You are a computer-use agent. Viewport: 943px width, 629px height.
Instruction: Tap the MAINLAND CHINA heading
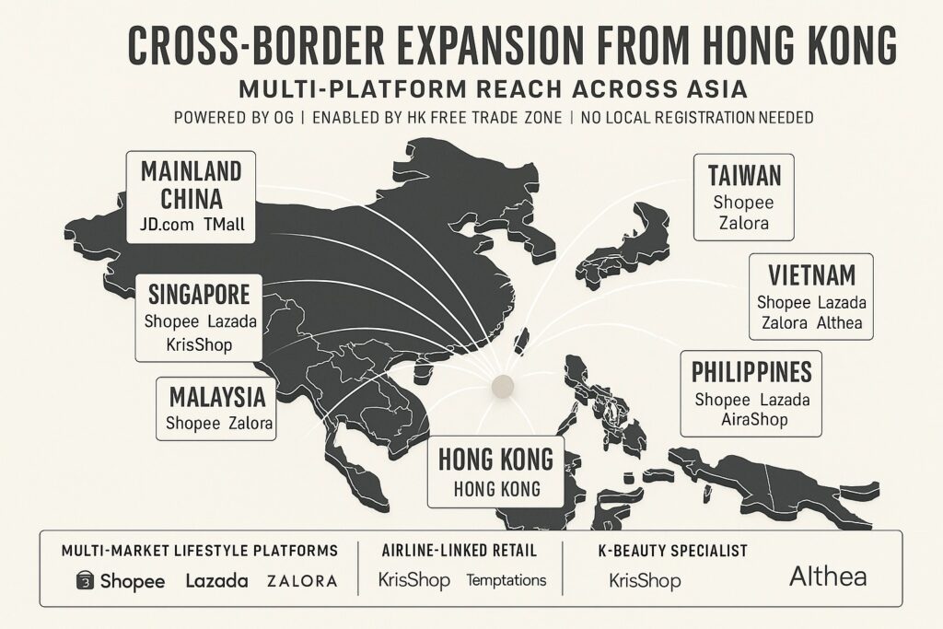pos(192,184)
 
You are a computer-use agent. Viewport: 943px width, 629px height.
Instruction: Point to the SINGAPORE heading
pos(197,296)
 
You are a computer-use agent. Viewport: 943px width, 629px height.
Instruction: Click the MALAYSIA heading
pos(217,398)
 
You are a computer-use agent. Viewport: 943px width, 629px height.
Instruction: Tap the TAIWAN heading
pos(744,176)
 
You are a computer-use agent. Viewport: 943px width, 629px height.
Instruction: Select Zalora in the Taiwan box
pos(743,222)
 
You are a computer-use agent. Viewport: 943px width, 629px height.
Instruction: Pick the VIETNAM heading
pos(811,274)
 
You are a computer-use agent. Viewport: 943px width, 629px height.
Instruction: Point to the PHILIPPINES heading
pos(751,372)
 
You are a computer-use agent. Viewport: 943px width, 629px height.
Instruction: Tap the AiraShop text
pos(754,420)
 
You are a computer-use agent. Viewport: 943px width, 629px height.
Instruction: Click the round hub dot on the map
pos(502,385)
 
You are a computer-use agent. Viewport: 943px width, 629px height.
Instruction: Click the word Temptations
pos(506,580)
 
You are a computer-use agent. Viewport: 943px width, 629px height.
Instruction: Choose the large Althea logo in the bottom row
pos(828,577)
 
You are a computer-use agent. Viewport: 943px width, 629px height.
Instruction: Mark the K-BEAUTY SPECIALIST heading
pos(669,551)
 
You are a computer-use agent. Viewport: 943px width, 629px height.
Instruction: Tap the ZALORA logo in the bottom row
pos(301,581)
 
